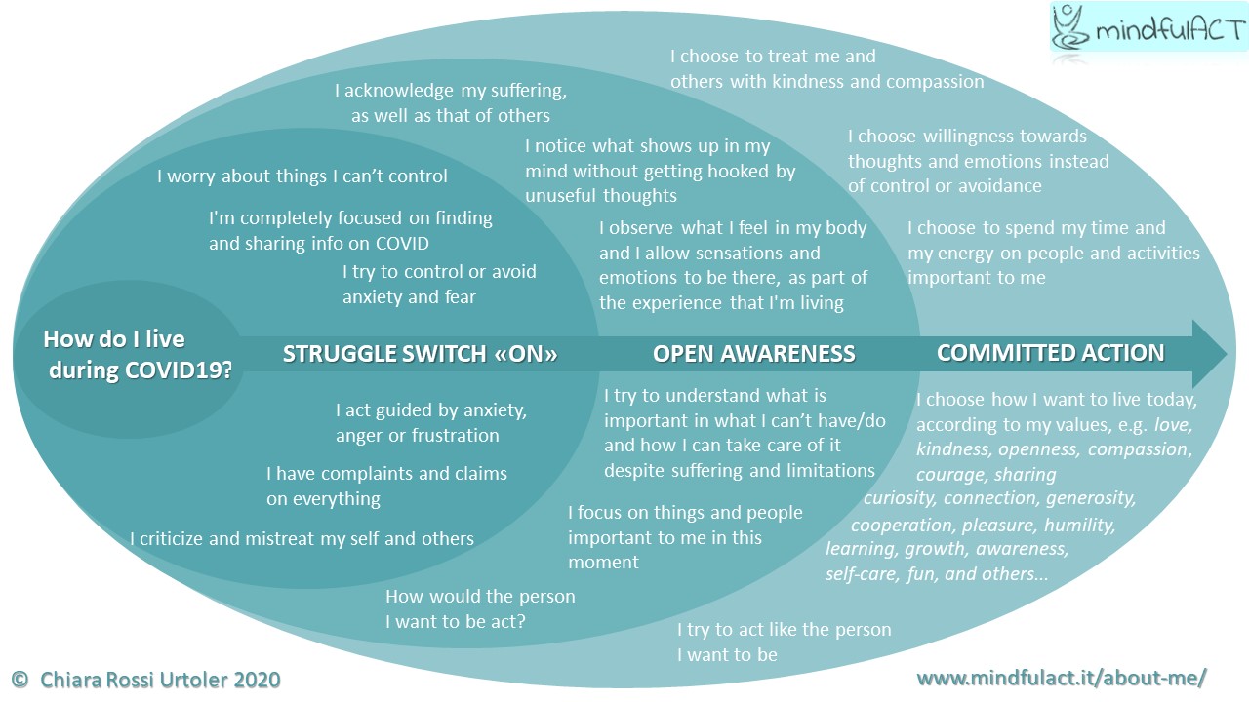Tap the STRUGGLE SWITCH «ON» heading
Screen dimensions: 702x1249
[420, 354]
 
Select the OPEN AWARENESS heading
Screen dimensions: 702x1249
[753, 354]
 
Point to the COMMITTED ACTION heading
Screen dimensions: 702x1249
[1050, 352]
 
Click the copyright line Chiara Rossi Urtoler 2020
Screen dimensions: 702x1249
[146, 679]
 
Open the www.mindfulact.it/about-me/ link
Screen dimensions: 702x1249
[1062, 678]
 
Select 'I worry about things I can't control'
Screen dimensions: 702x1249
[302, 176]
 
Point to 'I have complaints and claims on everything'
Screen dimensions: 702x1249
[386, 486]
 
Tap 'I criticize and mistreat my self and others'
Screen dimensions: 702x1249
[302, 538]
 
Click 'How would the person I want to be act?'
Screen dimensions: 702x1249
[480, 607]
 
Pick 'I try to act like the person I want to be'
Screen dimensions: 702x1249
[784, 642]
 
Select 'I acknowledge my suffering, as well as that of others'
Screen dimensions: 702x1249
[450, 103]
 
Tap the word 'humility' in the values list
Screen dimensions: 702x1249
[1079, 525]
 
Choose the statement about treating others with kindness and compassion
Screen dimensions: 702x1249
[826, 69]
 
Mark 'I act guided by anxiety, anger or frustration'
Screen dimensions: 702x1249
[429, 423]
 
